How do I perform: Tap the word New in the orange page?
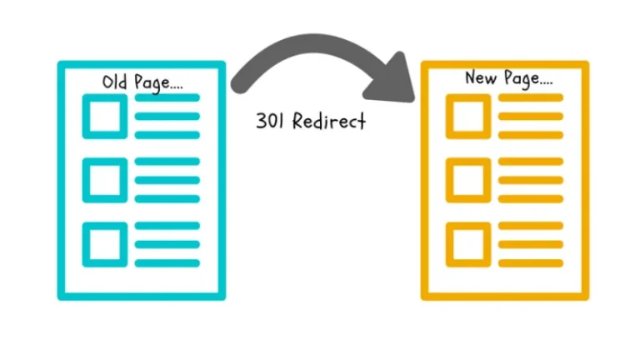tap(479, 78)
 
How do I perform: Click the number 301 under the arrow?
tap(268, 121)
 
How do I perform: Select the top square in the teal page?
tap(104, 116)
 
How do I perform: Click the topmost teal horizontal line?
tap(167, 98)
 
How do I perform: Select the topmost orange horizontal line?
tap(530, 98)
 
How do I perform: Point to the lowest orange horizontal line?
tap(530, 262)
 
